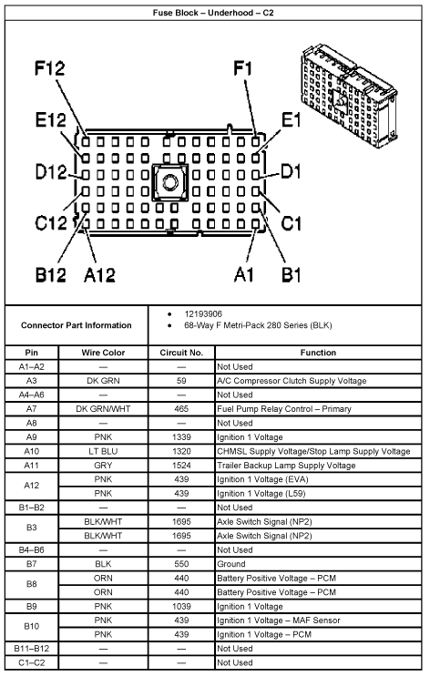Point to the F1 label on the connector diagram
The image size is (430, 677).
[243, 69]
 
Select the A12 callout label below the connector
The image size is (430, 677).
[103, 272]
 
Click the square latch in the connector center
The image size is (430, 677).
[169, 181]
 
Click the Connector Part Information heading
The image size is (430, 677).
[76, 325]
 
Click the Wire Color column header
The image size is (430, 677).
[104, 353]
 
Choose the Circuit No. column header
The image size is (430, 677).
[181, 353]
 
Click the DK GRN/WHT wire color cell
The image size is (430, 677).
[104, 409]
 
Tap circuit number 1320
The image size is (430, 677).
[181, 451]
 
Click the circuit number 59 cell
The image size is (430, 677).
[181, 381]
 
